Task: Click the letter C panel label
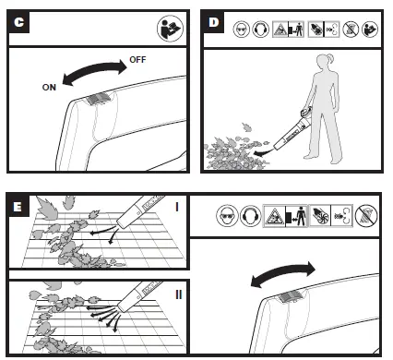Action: [18, 22]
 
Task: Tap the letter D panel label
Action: [213, 22]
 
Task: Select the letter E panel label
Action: [18, 206]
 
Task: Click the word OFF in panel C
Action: [137, 60]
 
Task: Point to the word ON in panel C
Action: [49, 88]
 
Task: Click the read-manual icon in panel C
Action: [170, 29]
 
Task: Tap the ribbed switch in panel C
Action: [97, 99]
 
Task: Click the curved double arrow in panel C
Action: [94, 69]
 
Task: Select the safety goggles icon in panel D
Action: [241, 30]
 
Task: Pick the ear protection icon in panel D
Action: [260, 30]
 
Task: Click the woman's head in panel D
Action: [324, 63]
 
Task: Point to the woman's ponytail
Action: [331, 58]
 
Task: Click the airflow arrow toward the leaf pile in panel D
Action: [264, 152]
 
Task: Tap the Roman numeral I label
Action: [177, 208]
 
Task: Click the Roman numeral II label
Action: [179, 294]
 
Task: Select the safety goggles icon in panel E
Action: [227, 215]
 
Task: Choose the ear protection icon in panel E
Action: [250, 215]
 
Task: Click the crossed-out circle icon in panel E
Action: [366, 215]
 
